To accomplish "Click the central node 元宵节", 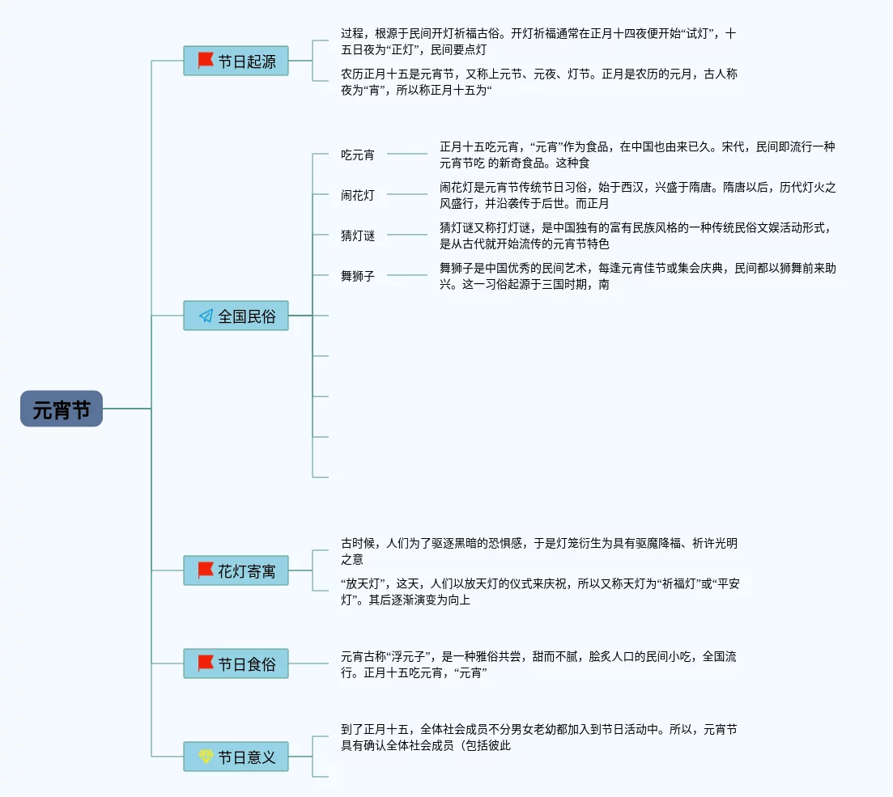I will tap(62, 409).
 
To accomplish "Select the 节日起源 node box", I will tap(236, 61).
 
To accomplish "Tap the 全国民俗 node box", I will tap(236, 316).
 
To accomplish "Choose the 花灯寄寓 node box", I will tap(236, 570).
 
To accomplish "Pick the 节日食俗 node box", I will tap(236, 663).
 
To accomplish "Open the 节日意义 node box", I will tap(236, 757).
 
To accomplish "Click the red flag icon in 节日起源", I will tap(206, 61).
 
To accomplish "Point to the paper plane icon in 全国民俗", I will tap(206, 316).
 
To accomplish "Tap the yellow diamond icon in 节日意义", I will tap(206, 757).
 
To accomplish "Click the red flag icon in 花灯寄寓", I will tap(206, 570).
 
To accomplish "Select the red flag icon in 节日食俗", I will tap(206, 663).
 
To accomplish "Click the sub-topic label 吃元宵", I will tap(358, 154).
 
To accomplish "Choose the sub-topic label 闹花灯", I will tap(358, 194).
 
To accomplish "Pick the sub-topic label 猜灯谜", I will tap(358, 235).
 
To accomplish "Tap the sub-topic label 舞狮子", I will tap(358, 275).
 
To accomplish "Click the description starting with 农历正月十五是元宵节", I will tap(538, 82).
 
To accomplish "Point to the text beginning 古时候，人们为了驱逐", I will tap(538, 551).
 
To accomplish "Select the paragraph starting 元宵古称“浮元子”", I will tap(538, 664).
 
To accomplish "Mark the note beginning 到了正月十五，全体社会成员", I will tap(538, 737).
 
